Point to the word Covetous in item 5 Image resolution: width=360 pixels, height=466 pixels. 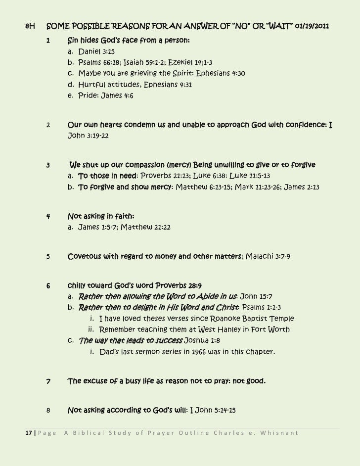coord(85,256)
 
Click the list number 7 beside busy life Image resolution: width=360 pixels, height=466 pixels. coord(48,381)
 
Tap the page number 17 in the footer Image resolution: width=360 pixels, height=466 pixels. coord(29,434)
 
